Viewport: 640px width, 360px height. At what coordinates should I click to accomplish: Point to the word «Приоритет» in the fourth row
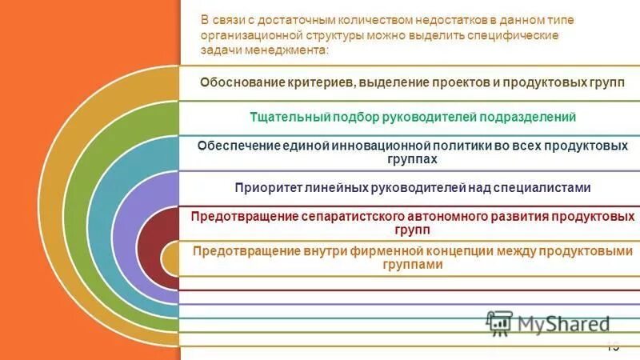pyautogui.click(x=267, y=187)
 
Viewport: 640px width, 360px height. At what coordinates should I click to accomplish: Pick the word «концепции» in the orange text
pyautogui.click(x=454, y=251)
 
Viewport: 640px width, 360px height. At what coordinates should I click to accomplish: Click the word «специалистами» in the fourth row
pyautogui.click(x=545, y=187)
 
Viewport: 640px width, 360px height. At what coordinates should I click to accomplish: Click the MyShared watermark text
pyautogui.click(x=563, y=323)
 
